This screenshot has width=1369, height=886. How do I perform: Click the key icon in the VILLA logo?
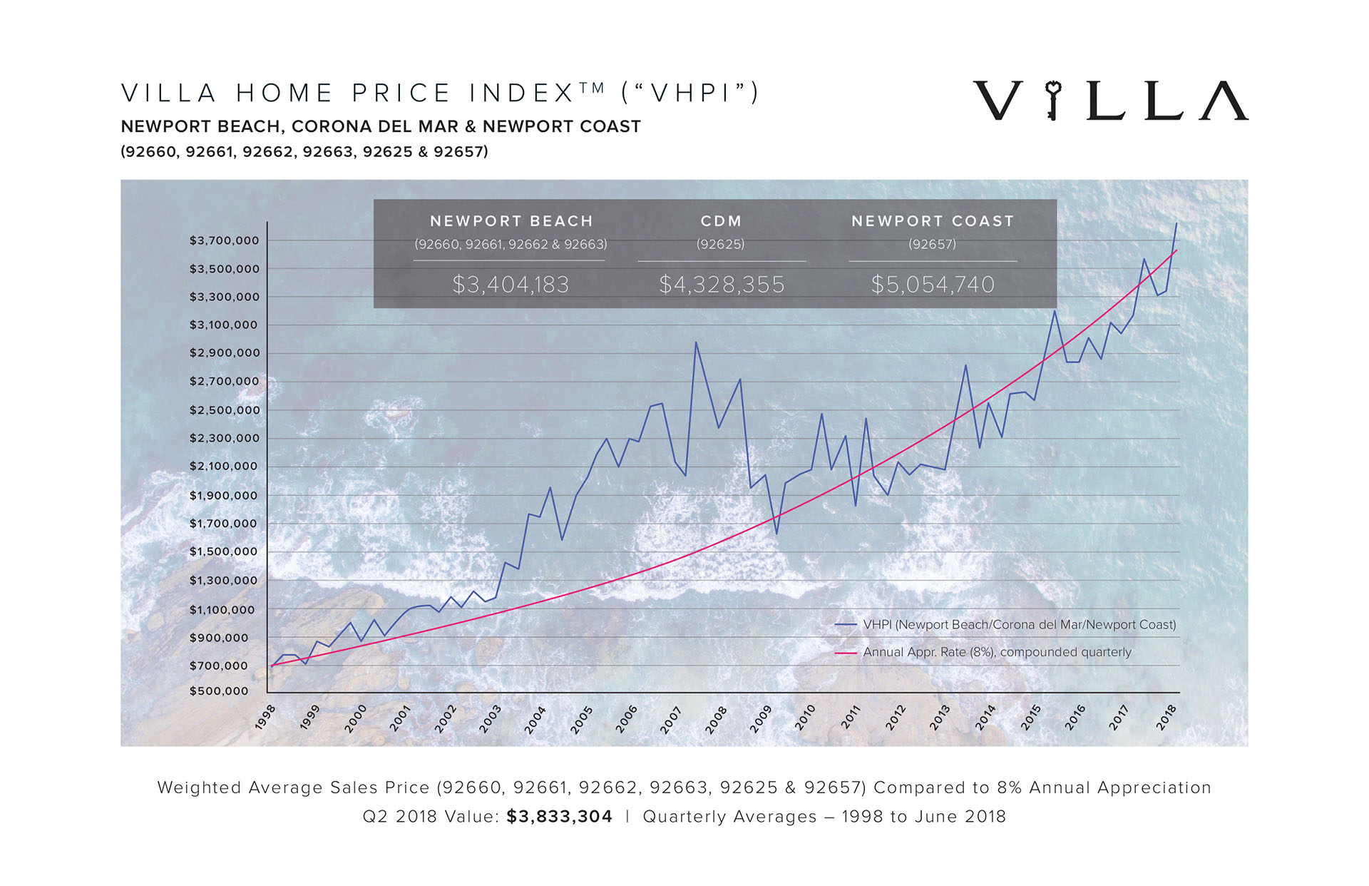click(1052, 101)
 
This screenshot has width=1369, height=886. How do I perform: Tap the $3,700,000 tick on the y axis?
click(224, 241)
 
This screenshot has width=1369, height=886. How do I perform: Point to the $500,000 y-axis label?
click(219, 691)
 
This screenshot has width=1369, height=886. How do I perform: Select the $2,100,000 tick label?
click(224, 467)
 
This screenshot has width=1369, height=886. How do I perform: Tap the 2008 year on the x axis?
click(716, 719)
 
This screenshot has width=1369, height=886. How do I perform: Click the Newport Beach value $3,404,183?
click(511, 285)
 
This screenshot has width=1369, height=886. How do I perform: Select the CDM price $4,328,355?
click(722, 285)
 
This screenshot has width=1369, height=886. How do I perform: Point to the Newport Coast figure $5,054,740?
click(933, 285)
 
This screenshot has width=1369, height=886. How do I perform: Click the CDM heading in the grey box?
click(722, 221)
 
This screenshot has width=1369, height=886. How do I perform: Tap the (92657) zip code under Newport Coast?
click(933, 244)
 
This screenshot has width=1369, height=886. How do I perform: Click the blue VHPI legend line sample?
click(846, 625)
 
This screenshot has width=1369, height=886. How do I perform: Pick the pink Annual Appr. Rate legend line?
click(846, 653)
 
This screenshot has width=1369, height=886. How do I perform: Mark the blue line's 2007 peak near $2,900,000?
click(696, 342)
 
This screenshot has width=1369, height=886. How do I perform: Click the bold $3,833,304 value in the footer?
click(560, 817)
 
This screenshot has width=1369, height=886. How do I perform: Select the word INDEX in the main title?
click(521, 93)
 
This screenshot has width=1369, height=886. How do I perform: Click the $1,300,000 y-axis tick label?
click(224, 581)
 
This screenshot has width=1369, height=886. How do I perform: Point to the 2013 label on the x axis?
click(940, 718)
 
